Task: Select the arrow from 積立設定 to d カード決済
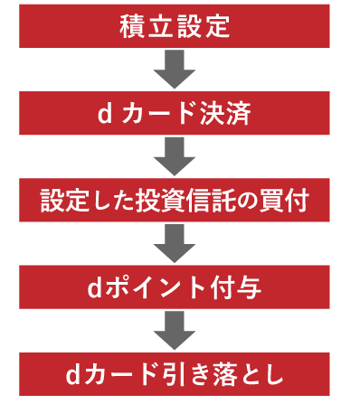175,69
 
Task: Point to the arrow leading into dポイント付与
175,242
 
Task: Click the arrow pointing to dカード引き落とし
175,329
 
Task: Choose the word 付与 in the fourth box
238,288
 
